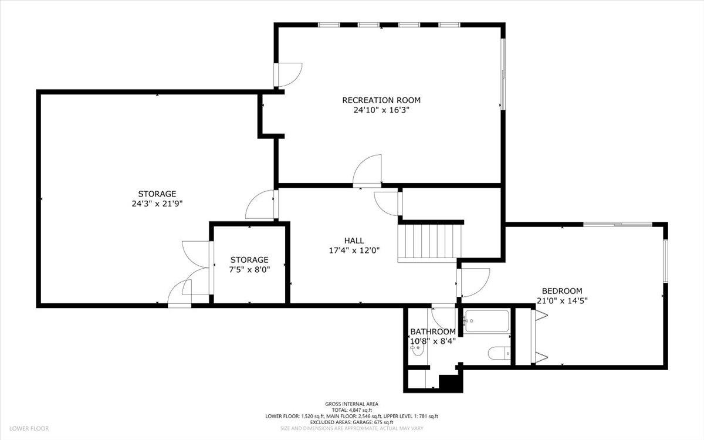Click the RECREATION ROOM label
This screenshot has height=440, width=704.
click(x=381, y=100)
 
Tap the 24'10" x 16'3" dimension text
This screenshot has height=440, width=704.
click(x=381, y=110)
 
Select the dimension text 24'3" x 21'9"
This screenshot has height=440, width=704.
click(x=157, y=204)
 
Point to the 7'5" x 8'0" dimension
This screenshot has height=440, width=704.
click(x=249, y=269)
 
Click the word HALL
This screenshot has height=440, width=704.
click(x=354, y=241)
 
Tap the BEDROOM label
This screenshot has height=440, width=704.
click(x=561, y=291)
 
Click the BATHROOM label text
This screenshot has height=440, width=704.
click(x=432, y=331)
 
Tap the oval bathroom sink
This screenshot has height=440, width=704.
click(x=417, y=350)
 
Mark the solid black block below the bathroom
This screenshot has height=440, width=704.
click(x=451, y=383)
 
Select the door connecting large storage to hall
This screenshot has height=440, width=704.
click(x=261, y=205)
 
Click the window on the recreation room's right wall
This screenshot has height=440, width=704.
click(x=502, y=74)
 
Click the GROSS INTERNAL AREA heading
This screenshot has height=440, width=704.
click(x=351, y=404)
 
